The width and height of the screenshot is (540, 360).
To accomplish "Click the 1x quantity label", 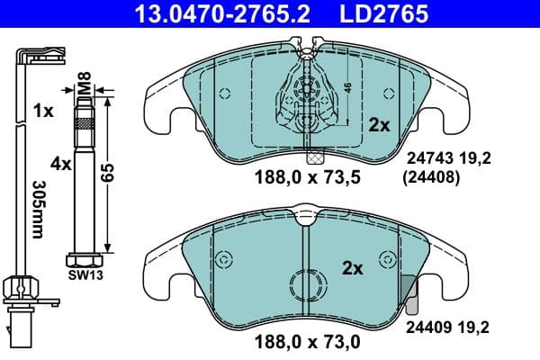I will click(41, 112).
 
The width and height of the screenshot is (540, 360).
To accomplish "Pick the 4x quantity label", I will click(61, 165).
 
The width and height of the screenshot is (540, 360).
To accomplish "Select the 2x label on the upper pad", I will click(378, 126).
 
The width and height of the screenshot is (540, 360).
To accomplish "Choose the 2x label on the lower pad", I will click(352, 268).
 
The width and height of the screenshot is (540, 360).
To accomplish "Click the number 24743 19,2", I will click(452, 159).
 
